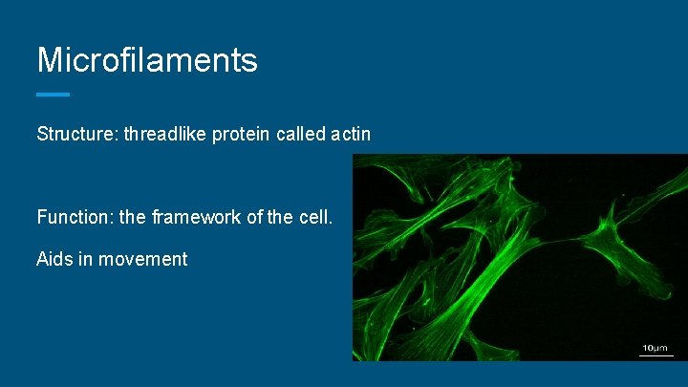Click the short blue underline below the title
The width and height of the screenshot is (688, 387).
[53, 94]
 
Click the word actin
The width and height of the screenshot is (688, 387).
[350, 134]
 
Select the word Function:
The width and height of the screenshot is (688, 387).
[74, 217]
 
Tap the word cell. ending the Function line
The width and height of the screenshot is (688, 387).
[315, 217]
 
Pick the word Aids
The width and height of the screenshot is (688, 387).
[55, 259]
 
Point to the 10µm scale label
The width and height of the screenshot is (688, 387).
[655, 347]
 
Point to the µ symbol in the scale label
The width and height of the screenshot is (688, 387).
[656, 348]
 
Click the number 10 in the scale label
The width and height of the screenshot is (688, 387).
[647, 347]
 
